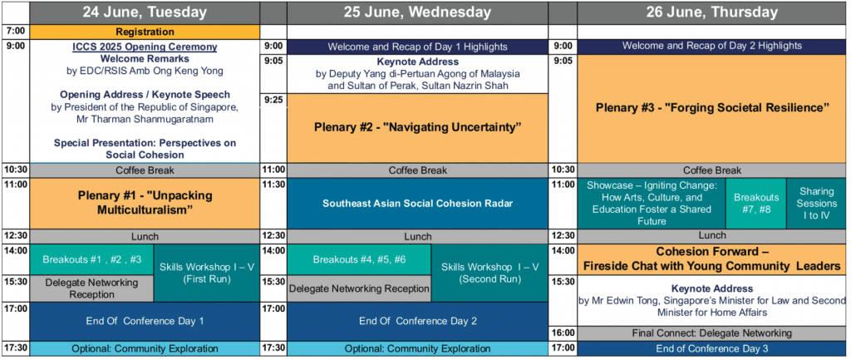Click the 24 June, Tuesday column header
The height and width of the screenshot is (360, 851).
coord(145,12)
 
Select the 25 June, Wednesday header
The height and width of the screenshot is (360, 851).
coord(417,12)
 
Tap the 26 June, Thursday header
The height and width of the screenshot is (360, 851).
coord(711,12)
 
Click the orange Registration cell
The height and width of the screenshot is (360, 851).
coord(145,32)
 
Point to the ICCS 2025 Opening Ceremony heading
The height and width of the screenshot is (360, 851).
coord(145,47)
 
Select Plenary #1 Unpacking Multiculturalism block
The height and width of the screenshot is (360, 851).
coord(145,203)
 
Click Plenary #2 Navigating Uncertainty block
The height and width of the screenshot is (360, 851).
coord(417,128)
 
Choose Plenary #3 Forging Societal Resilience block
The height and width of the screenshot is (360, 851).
coord(711,108)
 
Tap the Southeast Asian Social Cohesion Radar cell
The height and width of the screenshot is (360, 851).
coord(417,204)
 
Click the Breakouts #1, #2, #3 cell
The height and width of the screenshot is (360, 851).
coord(92,259)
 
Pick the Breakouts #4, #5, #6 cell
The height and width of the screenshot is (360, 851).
coord(359,259)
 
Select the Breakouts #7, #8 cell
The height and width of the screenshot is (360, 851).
coord(756,204)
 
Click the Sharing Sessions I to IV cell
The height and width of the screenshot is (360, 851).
coord(816,204)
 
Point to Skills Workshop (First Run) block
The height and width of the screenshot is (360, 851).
coord(207,274)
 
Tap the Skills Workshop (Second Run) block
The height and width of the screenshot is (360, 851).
coord(489,274)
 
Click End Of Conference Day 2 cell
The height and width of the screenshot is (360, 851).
coord(417,322)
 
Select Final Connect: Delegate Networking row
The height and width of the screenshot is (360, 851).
coord(711,333)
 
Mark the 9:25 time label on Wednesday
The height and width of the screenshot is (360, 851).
coord(274,100)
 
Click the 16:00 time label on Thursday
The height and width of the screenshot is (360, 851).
coord(563,333)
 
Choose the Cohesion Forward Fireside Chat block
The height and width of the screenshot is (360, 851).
coord(711,259)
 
